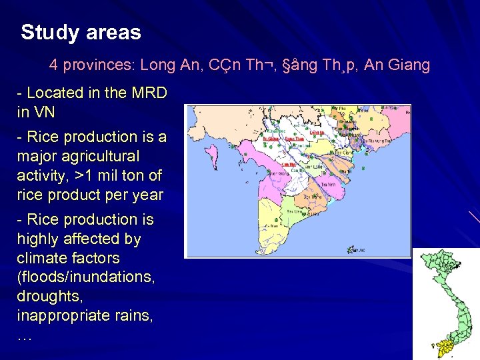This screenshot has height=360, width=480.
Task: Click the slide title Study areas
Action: (x=81, y=33)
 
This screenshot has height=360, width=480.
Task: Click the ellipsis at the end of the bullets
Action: (x=24, y=336)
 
